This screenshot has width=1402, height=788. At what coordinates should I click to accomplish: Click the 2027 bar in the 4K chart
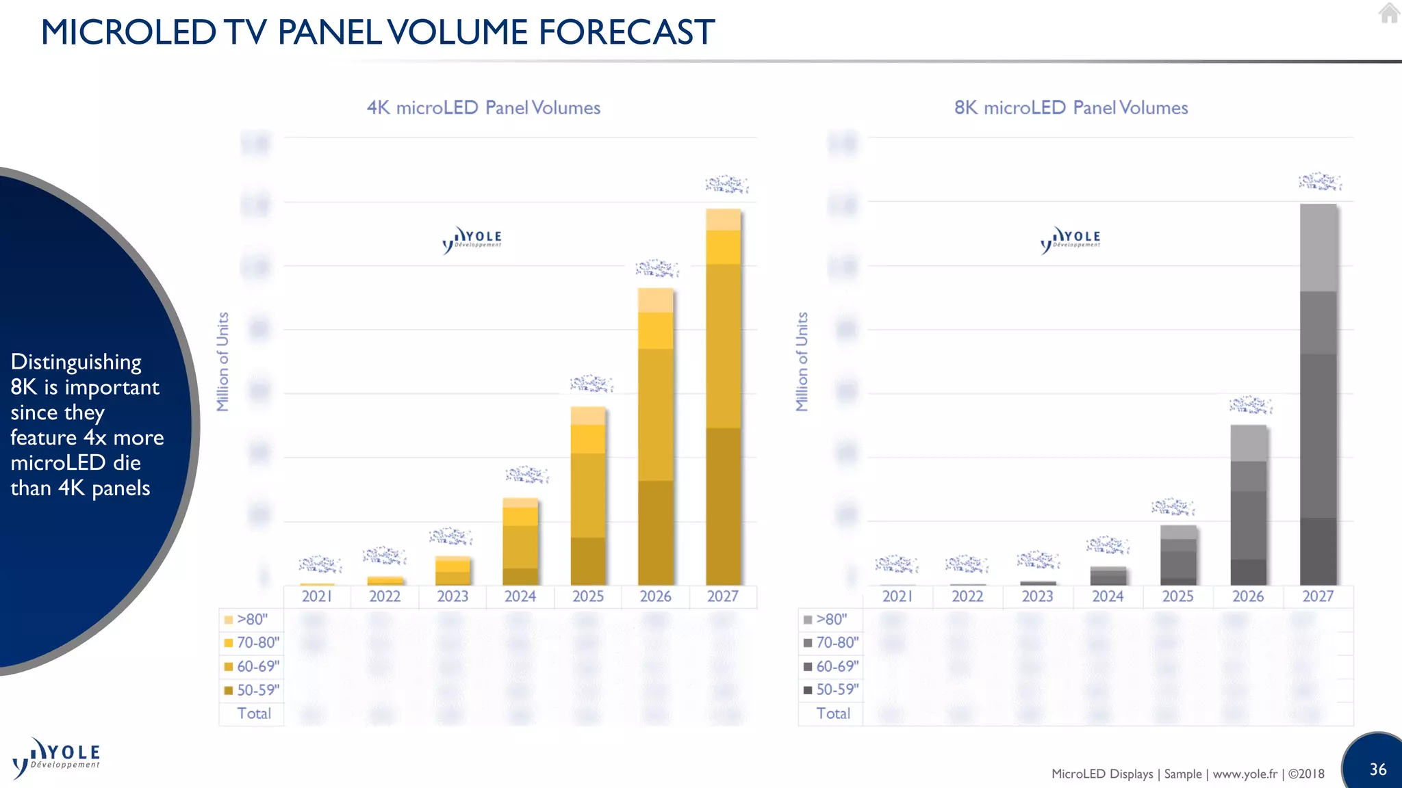pyautogui.click(x=723, y=397)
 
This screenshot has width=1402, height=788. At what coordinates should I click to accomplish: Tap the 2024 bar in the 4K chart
pyautogui.click(x=520, y=542)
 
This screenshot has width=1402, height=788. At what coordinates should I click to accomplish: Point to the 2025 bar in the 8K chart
pyautogui.click(x=1178, y=555)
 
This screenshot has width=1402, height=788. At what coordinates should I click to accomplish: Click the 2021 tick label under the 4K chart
pyautogui.click(x=317, y=596)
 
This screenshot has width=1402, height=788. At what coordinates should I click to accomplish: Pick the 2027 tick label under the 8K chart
pyautogui.click(x=1318, y=596)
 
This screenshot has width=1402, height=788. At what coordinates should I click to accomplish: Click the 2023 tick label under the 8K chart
pyautogui.click(x=1037, y=596)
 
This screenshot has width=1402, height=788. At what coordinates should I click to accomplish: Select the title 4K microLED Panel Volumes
pyautogui.click(x=483, y=108)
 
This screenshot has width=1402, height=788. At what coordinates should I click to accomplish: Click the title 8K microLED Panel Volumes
pyautogui.click(x=1071, y=108)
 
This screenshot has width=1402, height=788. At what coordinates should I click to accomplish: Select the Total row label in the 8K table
pyautogui.click(x=833, y=713)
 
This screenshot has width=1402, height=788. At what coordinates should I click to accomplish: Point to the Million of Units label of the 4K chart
pyautogui.click(x=222, y=362)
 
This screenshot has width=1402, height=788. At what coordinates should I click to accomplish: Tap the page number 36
pyautogui.click(x=1377, y=770)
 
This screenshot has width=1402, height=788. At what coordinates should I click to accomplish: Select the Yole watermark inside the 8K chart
pyautogui.click(x=1071, y=239)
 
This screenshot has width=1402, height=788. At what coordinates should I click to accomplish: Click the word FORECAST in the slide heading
pyautogui.click(x=626, y=32)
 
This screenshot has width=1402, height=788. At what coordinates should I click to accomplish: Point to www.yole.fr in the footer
pyautogui.click(x=1245, y=774)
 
